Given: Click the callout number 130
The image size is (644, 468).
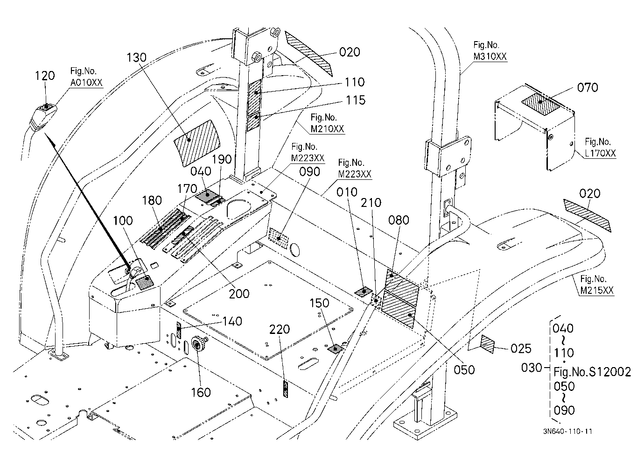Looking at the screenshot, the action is [137, 57].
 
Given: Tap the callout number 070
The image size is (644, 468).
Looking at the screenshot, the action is [588, 87].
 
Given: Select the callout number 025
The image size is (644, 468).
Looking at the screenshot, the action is [521, 349].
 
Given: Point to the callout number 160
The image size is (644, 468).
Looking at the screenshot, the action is [201, 393].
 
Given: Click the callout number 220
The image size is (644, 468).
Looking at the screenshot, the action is [280, 329].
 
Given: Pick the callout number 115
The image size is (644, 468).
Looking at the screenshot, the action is [355, 100].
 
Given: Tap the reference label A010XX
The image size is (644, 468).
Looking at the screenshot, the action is [86, 83].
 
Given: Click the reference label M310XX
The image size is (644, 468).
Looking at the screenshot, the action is [490, 57].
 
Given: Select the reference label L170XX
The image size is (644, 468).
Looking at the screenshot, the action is [601, 153].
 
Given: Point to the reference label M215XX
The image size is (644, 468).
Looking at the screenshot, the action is [597, 291].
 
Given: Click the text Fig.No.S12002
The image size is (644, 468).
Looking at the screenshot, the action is [592, 372].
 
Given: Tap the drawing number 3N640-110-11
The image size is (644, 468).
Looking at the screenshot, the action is [567, 432].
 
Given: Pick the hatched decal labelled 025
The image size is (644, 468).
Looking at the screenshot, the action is [487, 344].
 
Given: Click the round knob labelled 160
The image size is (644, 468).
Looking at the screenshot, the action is [197, 344].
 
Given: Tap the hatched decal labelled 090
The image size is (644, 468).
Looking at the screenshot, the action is [278, 238].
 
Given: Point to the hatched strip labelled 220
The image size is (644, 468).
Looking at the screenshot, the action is [286, 389].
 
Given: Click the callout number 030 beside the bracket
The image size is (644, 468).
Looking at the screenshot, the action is [532, 368].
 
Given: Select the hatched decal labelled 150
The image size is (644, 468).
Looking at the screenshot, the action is [336, 349].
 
